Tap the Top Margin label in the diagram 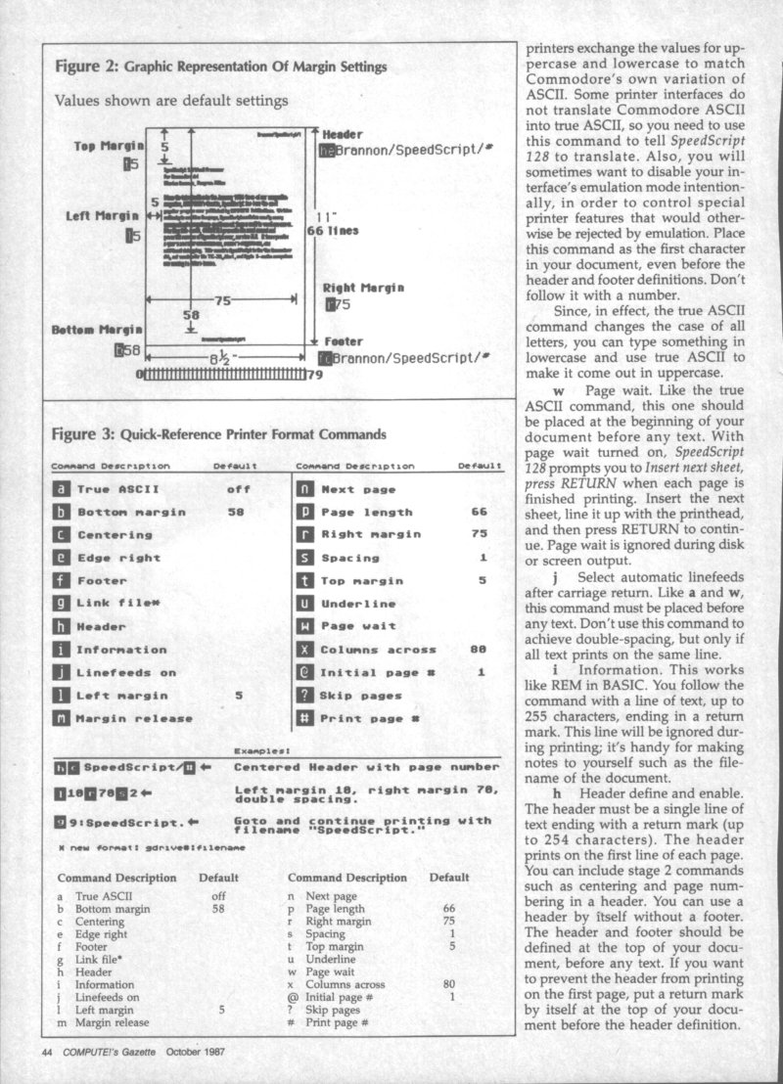point(109,146)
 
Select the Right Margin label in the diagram point(363,288)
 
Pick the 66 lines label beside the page point(334,231)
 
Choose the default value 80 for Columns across point(479,650)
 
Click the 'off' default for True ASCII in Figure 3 point(238,489)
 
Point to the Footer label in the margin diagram point(343,342)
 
